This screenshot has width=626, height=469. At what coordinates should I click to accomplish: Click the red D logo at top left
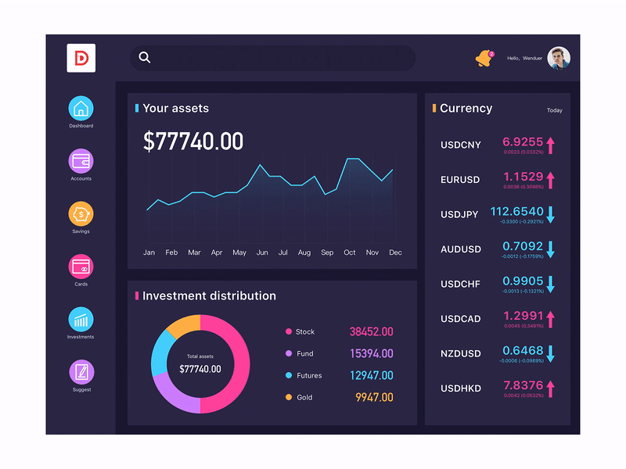(81, 58)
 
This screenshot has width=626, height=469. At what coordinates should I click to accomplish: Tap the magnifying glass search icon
(145, 57)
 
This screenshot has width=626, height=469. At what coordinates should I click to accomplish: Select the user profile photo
(559, 58)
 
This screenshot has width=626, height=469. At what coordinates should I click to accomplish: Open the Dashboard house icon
(81, 109)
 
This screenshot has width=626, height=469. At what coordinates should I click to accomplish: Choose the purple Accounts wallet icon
(81, 161)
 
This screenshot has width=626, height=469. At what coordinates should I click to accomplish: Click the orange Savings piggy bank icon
(81, 214)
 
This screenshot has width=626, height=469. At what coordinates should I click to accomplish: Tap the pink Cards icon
(81, 267)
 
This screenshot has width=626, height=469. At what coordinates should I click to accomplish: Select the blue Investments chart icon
(81, 320)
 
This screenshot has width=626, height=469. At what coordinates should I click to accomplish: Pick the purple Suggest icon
(81, 372)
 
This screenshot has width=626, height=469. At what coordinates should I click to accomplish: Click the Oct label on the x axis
(350, 252)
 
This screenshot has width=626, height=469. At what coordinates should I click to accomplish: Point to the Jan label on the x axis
(149, 252)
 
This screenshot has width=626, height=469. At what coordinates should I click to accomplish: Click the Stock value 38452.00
(371, 332)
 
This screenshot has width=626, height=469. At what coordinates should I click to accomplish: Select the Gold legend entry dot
(289, 397)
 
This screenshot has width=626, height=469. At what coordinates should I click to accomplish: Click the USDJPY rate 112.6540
(516, 212)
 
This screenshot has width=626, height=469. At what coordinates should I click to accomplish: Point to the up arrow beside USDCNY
(550, 145)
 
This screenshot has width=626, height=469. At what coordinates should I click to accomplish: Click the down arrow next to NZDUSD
(550, 353)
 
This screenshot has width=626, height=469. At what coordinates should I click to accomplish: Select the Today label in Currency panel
(554, 110)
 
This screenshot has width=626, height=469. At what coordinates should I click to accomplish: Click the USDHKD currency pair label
(461, 388)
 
